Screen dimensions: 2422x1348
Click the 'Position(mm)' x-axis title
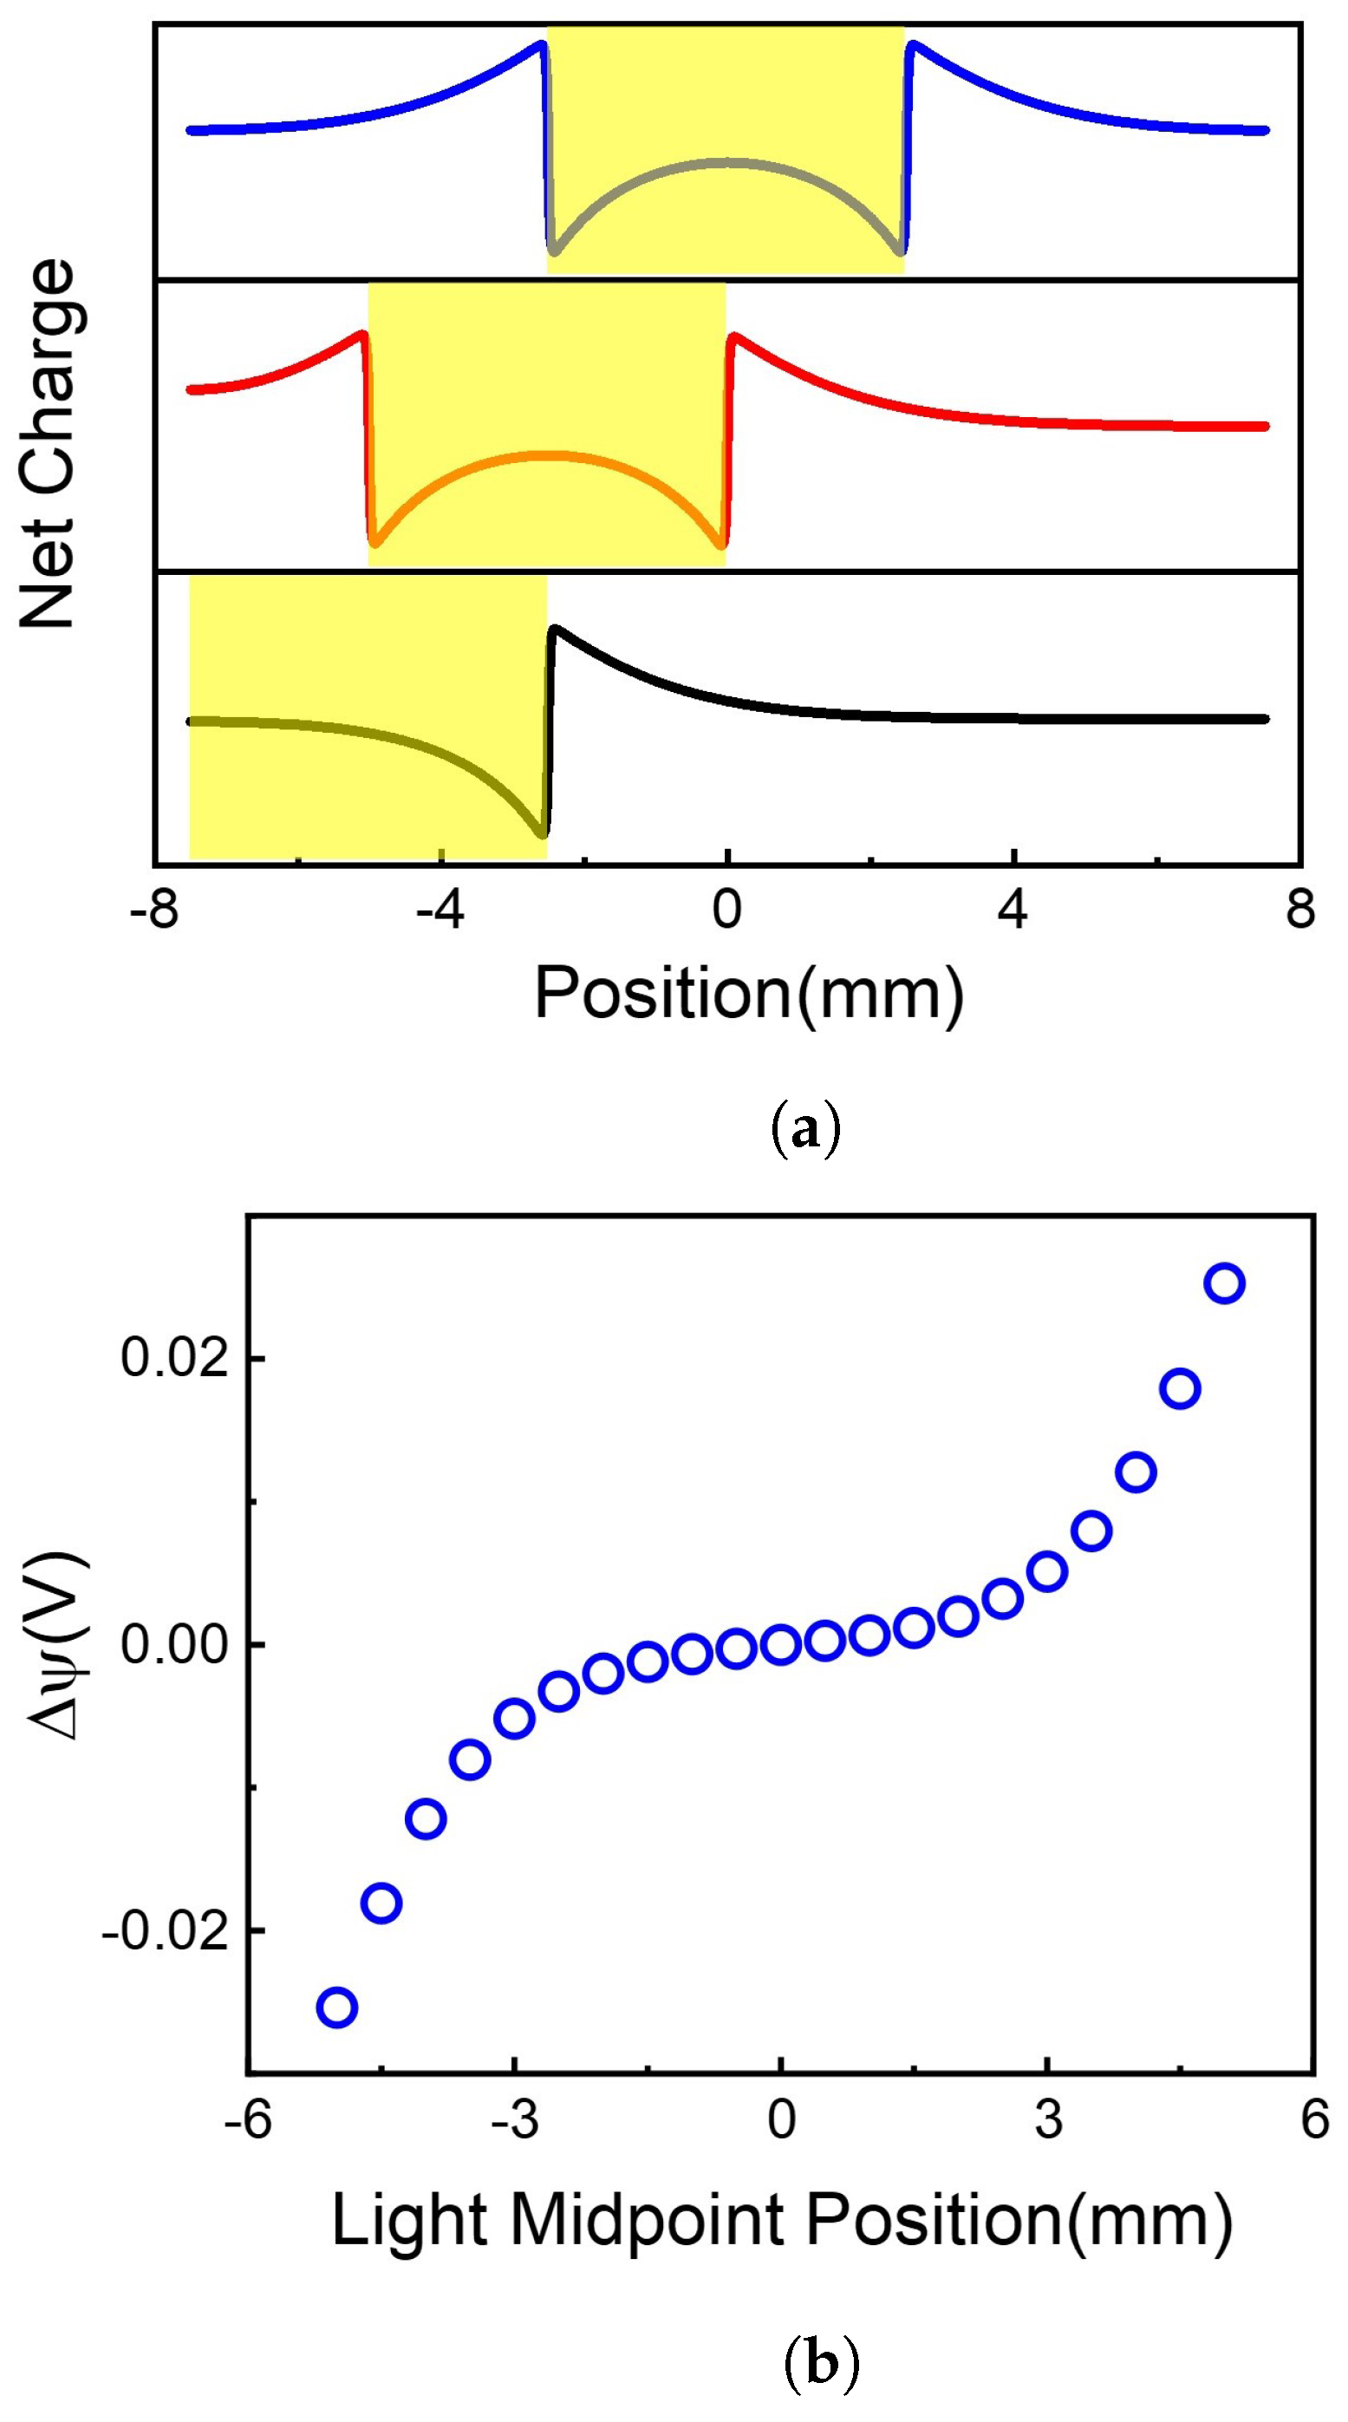point(749,993)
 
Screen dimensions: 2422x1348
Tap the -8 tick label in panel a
point(155,911)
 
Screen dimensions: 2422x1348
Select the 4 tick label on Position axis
point(1013,911)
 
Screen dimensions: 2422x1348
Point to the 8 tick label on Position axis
point(1300,911)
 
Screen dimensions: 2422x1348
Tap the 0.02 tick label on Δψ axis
point(176,1359)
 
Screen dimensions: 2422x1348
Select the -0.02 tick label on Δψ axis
point(166,1930)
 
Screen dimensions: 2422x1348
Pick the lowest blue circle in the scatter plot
point(336,2007)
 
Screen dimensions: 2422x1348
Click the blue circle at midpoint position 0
point(781,1644)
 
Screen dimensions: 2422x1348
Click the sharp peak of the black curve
point(556,628)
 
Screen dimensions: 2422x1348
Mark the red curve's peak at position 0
point(733,335)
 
